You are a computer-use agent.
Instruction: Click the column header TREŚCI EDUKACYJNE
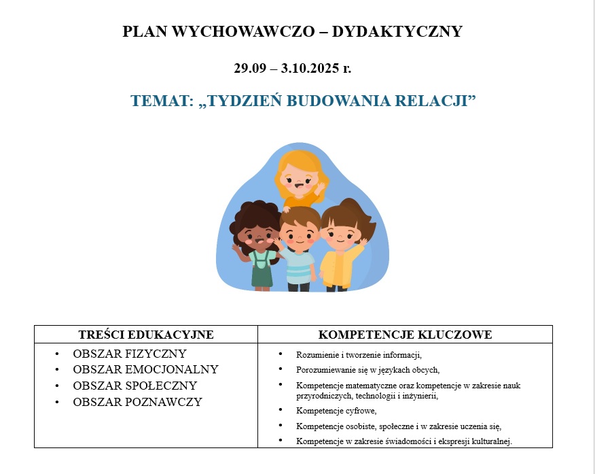pos(146,335)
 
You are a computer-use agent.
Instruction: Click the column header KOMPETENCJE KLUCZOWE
pos(405,335)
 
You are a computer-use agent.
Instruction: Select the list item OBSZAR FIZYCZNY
pos(130,354)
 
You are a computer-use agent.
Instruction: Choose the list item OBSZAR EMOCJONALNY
pos(145,369)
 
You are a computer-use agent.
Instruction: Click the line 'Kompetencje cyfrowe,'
pos(336,411)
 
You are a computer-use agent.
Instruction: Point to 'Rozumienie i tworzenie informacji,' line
pos(359,355)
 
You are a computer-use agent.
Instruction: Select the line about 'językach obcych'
pos(367,370)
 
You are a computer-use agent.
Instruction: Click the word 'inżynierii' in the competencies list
pos(420,396)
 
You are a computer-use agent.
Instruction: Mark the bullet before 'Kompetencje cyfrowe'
pos(281,410)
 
